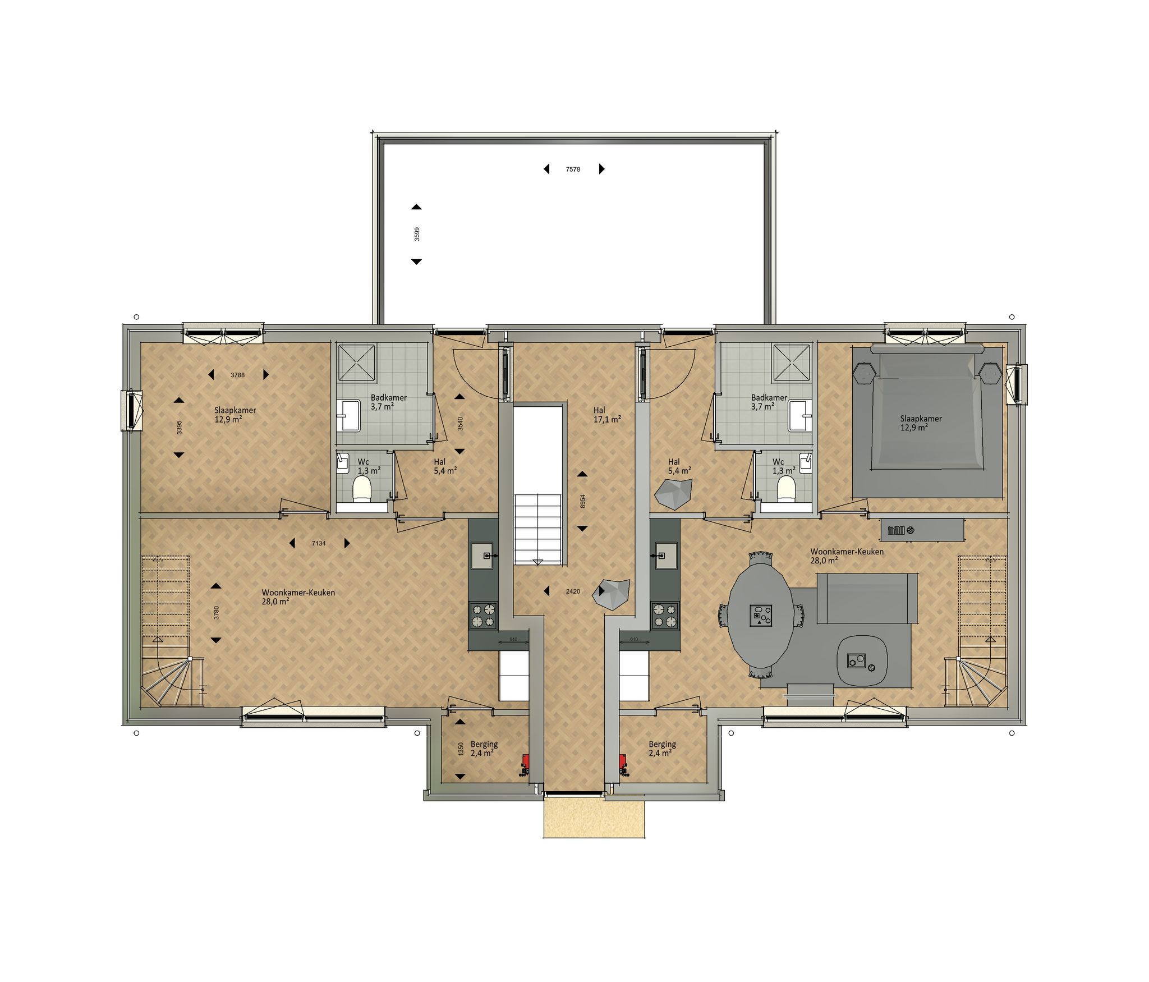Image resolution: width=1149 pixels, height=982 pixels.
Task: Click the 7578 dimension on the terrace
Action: pyautogui.click(x=573, y=169)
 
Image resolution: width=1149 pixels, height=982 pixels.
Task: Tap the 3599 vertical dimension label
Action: pyautogui.click(x=416, y=234)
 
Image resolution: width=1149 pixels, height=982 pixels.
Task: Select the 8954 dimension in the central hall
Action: pyautogui.click(x=582, y=502)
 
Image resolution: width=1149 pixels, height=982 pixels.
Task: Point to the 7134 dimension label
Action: pyautogui.click(x=319, y=543)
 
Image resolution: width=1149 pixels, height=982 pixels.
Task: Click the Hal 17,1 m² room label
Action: pyautogui.click(x=607, y=415)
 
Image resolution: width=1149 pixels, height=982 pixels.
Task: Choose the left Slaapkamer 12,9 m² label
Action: pyautogui.click(x=235, y=415)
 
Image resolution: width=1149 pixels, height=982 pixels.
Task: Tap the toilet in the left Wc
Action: pyautogui.click(x=362, y=488)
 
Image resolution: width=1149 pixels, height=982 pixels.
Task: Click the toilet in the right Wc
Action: pyautogui.click(x=786, y=488)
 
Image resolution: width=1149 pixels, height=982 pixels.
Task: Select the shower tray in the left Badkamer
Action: pyautogui.click(x=356, y=362)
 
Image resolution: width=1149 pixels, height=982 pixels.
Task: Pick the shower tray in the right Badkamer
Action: pyautogui.click(x=792, y=362)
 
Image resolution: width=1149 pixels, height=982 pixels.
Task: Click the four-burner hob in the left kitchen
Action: pyautogui.click(x=483, y=615)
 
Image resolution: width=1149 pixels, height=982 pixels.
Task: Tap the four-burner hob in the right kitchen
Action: pyautogui.click(x=665, y=615)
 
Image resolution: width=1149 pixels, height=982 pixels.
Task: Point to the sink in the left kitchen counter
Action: pyautogui.click(x=482, y=556)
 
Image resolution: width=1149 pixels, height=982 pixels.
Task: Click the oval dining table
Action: pyautogui.click(x=761, y=616)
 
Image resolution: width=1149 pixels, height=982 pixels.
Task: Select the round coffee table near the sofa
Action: pyautogui.click(x=862, y=660)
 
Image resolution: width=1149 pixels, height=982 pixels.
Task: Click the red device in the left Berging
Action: pyautogui.click(x=525, y=762)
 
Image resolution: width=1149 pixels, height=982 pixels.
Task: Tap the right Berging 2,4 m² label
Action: pyautogui.click(x=662, y=749)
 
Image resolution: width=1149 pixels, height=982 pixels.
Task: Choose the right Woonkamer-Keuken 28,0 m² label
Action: pyautogui.click(x=847, y=556)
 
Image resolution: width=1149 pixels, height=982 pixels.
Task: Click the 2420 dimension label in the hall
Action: pyautogui.click(x=573, y=591)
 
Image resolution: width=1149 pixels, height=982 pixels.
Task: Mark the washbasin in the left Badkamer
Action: pyautogui.click(x=350, y=415)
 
